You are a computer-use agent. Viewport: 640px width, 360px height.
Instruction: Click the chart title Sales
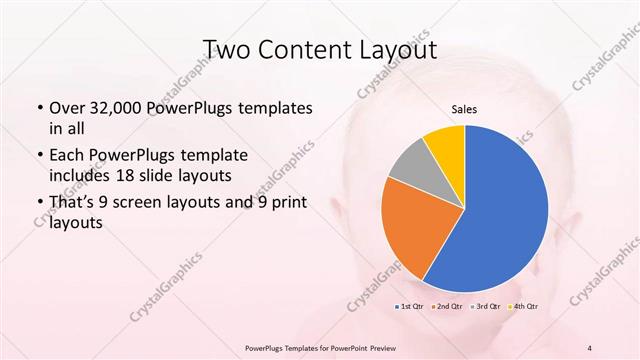click(463, 107)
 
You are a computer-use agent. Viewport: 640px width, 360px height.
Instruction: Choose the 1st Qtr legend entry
click(411, 306)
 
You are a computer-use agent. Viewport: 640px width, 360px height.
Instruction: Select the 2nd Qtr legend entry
click(447, 306)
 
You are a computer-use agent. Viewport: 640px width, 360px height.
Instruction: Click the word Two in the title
click(227, 49)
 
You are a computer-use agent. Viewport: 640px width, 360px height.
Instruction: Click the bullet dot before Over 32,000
click(38, 109)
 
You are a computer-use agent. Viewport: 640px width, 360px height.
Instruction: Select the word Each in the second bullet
click(68, 157)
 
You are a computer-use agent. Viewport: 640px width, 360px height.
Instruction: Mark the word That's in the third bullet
click(74, 204)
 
